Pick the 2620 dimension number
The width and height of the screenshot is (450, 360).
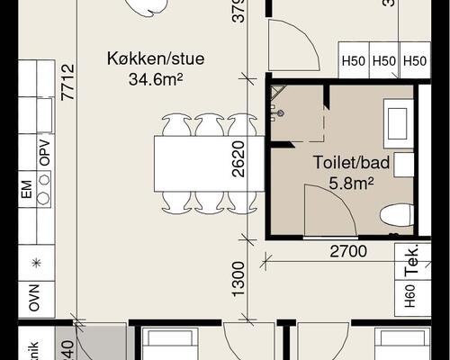pos(238,160)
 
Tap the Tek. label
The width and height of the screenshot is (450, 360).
pos(412,261)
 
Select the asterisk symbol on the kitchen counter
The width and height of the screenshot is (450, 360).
pos(35,263)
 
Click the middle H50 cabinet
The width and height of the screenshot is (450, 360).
pos(384,61)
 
